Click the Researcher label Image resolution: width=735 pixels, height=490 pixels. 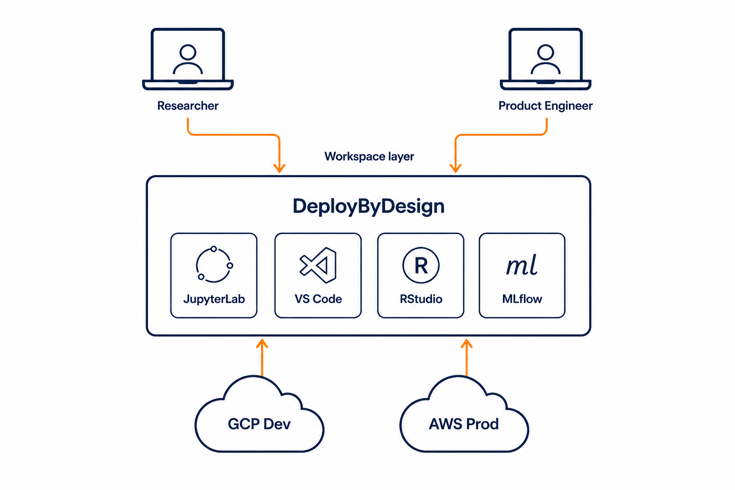click(x=188, y=106)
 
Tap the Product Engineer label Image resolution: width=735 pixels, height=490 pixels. click(x=546, y=106)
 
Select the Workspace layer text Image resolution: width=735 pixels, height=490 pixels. click(x=369, y=156)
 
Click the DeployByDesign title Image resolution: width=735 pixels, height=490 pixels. click(x=368, y=206)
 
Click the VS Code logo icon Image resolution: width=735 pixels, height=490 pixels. click(x=318, y=265)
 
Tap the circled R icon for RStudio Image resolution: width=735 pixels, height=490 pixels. click(x=421, y=265)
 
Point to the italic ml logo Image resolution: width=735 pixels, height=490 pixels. click(x=522, y=265)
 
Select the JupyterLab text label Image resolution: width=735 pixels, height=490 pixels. click(x=214, y=300)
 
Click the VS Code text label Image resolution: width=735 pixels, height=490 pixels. click(x=318, y=299)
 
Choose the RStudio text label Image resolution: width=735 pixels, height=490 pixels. click(x=421, y=299)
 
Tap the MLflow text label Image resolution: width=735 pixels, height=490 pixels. click(x=522, y=299)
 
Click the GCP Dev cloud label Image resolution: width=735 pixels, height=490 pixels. click(x=259, y=424)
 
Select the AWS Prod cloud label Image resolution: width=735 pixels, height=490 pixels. click(x=464, y=424)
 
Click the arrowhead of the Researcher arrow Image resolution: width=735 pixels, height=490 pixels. click(x=279, y=168)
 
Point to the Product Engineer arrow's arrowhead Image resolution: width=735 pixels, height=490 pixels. click(x=456, y=168)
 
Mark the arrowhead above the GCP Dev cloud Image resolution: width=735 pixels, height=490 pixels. click(x=262, y=344)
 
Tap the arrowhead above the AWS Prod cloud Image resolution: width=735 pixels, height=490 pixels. click(x=466, y=344)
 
